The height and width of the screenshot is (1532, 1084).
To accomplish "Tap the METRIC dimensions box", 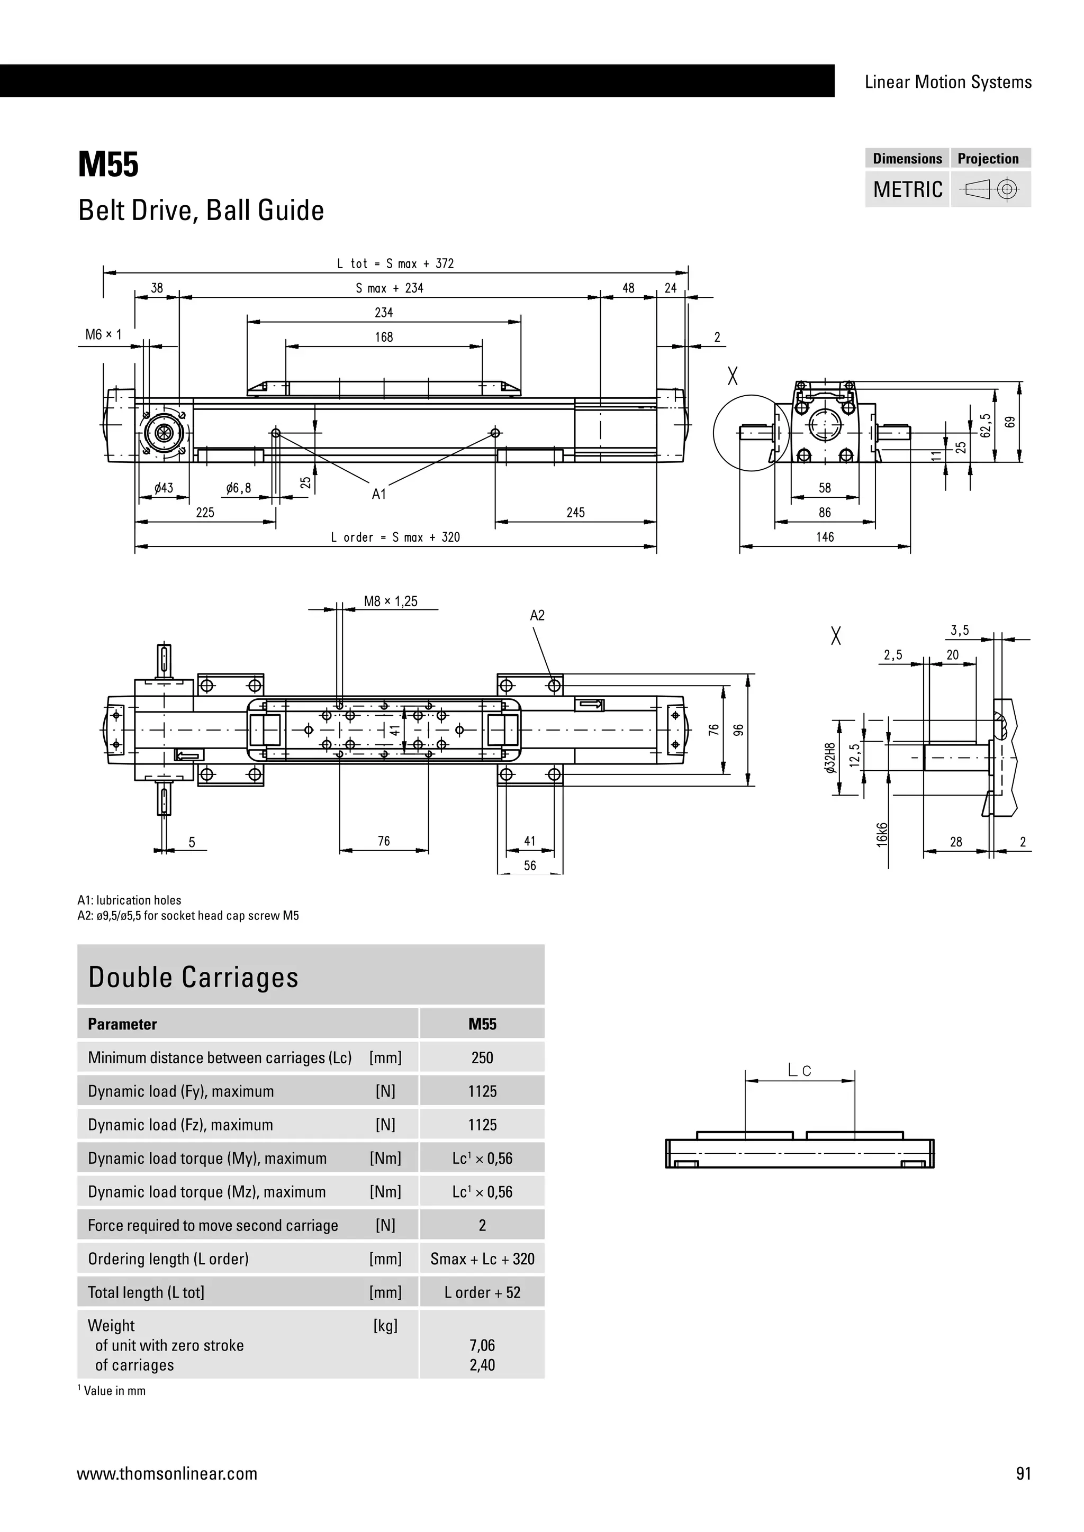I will tap(907, 189).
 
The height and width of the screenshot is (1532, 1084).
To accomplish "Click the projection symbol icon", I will tap(990, 190).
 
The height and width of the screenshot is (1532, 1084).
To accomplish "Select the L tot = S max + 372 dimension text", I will tap(395, 263).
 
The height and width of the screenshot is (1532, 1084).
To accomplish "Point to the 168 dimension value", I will tap(384, 337).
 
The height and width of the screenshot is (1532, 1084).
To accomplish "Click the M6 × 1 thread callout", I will tap(103, 334).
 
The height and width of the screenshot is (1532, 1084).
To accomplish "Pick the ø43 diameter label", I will tap(164, 488).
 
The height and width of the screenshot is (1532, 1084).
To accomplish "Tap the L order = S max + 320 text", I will tap(395, 537).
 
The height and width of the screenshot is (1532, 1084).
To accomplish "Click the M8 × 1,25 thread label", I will tap(391, 601).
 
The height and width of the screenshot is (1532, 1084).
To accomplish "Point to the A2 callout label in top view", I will tap(537, 615).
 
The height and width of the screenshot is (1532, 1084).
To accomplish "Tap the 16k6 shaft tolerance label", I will tap(882, 834).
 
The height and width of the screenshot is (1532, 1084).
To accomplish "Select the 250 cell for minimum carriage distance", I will tap(482, 1057).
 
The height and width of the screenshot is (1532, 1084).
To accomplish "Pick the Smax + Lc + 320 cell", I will tap(482, 1259).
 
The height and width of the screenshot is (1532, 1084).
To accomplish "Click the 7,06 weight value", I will tap(482, 1345).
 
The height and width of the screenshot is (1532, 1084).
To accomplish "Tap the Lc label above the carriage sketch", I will tap(799, 1071).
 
